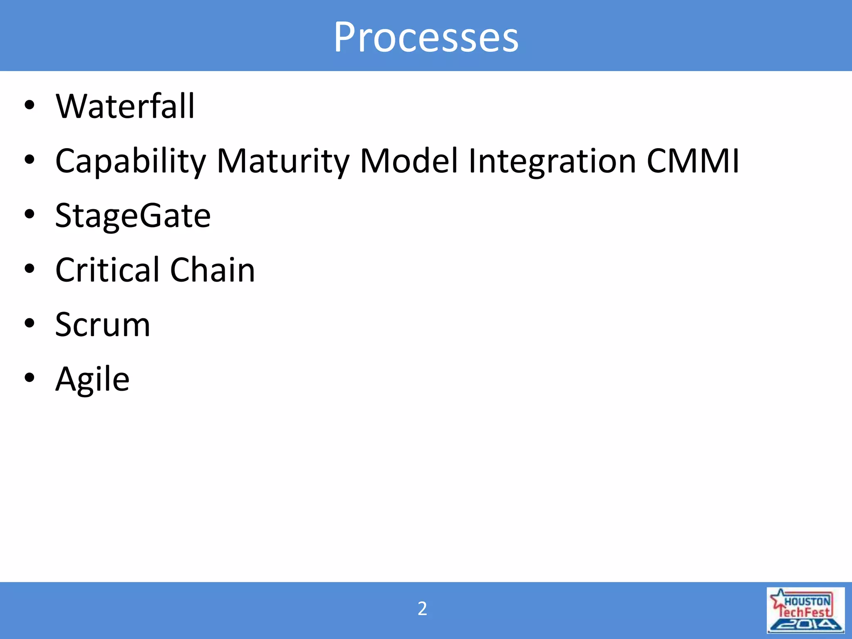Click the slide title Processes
point(426,37)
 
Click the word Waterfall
point(125,106)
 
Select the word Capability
point(131,162)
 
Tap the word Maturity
point(283,162)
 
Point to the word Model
point(409,161)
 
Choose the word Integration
point(552,162)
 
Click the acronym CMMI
point(693,161)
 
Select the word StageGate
point(133,216)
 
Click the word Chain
point(213,270)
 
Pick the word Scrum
point(102,325)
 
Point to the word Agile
point(92,380)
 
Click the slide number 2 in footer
point(422,609)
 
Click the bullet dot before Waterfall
point(29,105)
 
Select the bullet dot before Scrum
point(29,323)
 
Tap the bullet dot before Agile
point(29,378)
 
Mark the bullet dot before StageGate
point(29,214)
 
